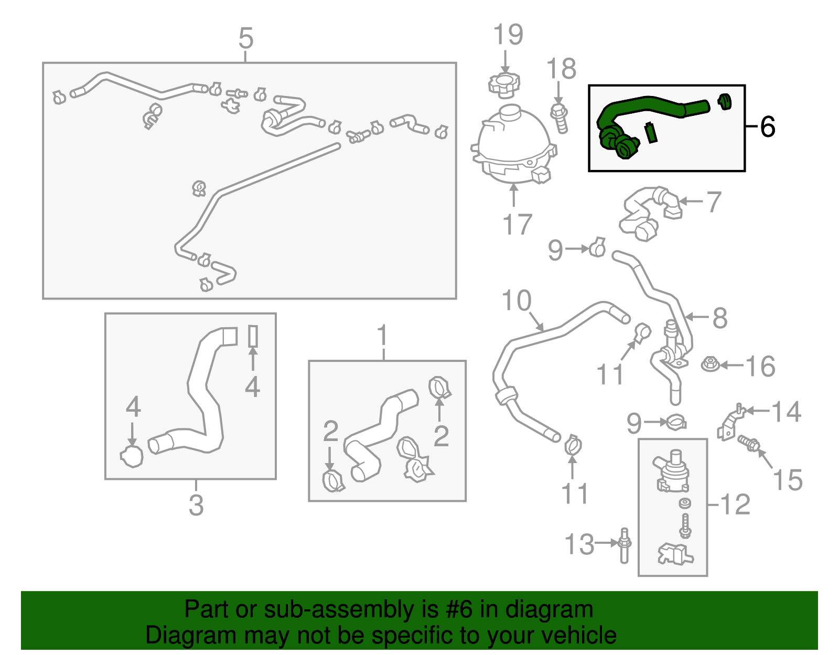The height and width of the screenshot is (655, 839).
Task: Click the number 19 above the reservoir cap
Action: click(x=508, y=35)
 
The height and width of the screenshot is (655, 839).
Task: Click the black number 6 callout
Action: click(x=767, y=127)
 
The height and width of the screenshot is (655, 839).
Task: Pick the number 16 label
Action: click(x=760, y=367)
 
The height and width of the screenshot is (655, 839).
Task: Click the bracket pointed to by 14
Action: click(x=730, y=423)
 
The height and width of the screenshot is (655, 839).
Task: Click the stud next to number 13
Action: click(x=624, y=545)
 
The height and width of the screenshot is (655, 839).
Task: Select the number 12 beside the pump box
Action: click(x=735, y=504)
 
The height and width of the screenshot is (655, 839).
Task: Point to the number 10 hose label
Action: click(x=517, y=301)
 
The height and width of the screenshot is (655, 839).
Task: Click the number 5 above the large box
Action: click(x=246, y=39)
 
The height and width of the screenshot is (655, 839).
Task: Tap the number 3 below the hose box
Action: click(x=196, y=505)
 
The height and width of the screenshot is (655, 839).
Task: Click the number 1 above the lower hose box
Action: click(x=383, y=336)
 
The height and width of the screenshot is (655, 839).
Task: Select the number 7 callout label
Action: click(x=714, y=202)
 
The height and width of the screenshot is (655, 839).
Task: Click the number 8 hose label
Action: click(x=719, y=318)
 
